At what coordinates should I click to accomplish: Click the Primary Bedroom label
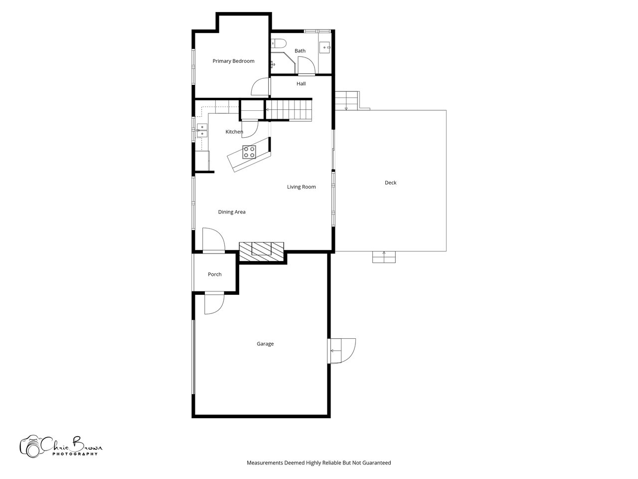[x=233, y=61]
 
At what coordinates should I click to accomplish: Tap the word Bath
[x=300, y=51]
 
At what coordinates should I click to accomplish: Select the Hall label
[x=301, y=84]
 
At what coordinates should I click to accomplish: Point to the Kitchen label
[x=234, y=132]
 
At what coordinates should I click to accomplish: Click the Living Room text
[x=302, y=187]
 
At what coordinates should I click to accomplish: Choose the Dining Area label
[x=232, y=212]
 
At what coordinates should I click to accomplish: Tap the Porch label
[x=215, y=274]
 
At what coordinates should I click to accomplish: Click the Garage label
[x=265, y=344]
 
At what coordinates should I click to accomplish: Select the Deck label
[x=390, y=183]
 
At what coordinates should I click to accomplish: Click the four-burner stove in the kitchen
[x=249, y=152]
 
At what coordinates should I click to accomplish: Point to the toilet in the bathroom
[x=279, y=43]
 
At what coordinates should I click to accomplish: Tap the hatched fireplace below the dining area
[x=261, y=251]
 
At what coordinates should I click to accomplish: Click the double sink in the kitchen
[x=202, y=130]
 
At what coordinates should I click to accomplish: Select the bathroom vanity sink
[x=325, y=47]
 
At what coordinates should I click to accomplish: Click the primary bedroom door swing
[x=260, y=87]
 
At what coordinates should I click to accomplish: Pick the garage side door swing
[x=341, y=351]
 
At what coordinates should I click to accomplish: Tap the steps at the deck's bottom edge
[x=384, y=257]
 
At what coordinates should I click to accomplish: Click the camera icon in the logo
[x=30, y=447]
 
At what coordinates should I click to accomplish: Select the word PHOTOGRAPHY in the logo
[x=75, y=454]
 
